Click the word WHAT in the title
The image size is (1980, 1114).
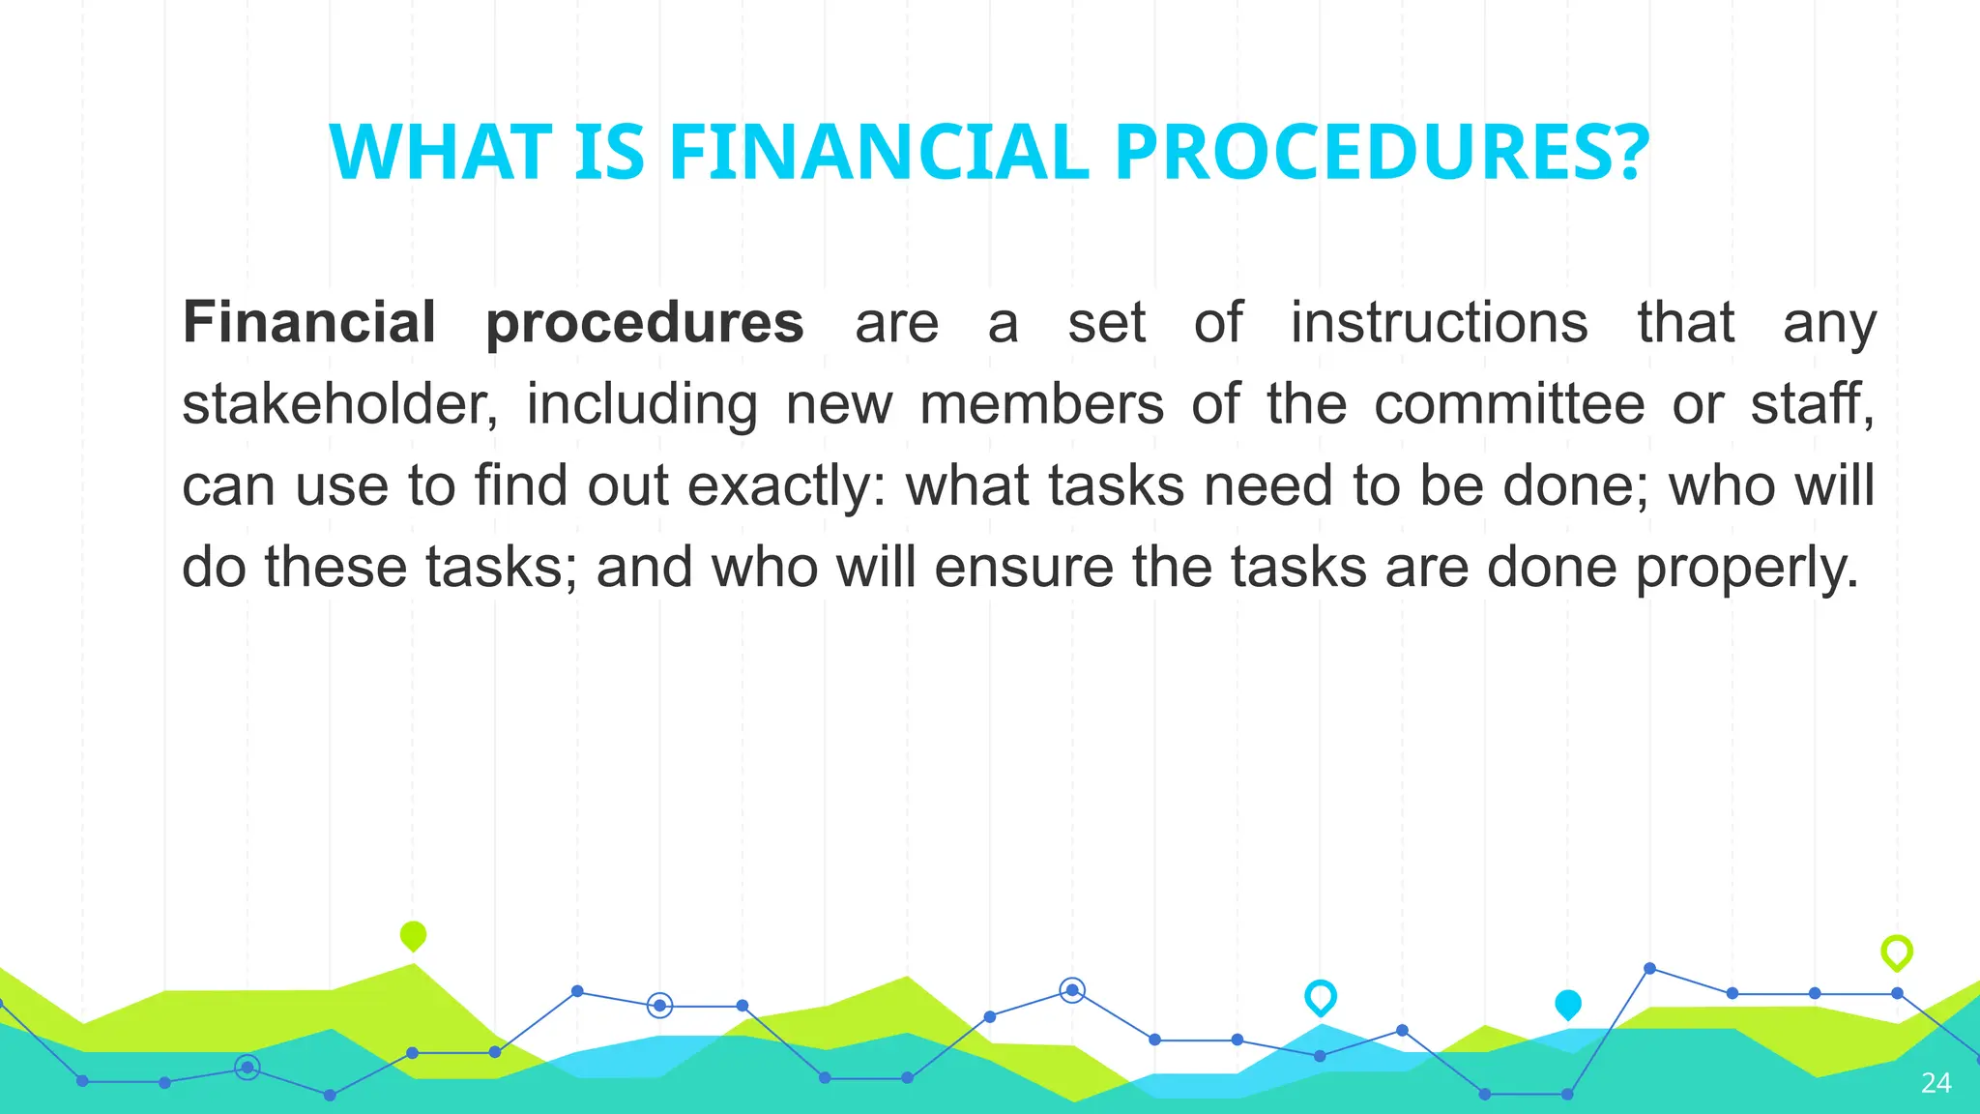coord(440,153)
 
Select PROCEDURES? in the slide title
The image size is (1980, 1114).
coord(1382,153)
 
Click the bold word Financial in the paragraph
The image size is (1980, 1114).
coord(309,322)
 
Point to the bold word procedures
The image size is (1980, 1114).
coord(645,324)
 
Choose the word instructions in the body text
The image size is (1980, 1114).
coord(1439,322)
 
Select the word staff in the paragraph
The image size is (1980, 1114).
coord(1810,404)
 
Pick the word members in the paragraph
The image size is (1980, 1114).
coord(1041,404)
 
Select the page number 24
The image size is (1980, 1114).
coord(1936,1083)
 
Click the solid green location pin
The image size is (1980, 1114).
coord(413,936)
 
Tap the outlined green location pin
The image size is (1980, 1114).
coord(1897,953)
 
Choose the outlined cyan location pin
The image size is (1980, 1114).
coord(1321,997)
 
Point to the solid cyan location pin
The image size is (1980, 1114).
coord(1568,1005)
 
